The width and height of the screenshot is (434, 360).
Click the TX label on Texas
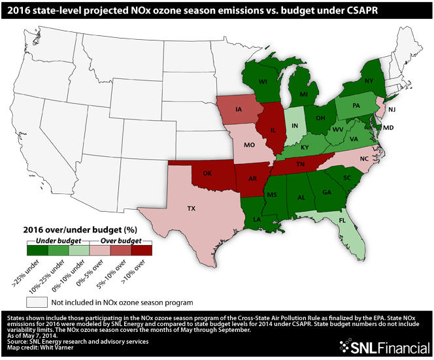(x=191, y=208)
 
